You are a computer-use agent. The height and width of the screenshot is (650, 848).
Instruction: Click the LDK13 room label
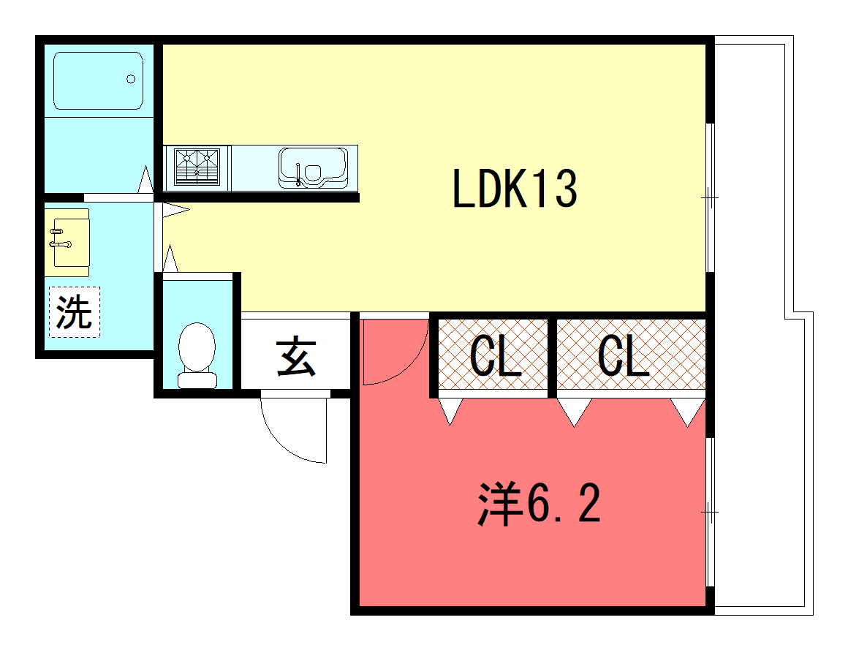tap(515, 189)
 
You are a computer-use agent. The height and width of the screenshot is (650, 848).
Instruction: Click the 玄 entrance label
tap(296, 358)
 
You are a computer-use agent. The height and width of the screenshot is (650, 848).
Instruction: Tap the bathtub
tap(97, 80)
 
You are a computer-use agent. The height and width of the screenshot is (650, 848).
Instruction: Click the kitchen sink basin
tap(313, 167)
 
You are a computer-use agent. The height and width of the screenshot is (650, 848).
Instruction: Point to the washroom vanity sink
tap(67, 242)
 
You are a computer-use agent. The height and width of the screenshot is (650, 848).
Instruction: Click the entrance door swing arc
tap(289, 435)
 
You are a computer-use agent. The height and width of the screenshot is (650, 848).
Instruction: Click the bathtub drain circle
tap(131, 79)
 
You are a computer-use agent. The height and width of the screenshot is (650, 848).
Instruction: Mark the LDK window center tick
tap(709, 197)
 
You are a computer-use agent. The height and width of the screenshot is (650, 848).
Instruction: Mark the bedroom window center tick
tap(709, 512)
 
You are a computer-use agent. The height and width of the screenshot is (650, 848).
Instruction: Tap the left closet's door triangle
tap(450, 412)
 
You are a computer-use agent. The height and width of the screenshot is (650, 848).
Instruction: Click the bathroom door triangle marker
tap(145, 180)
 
